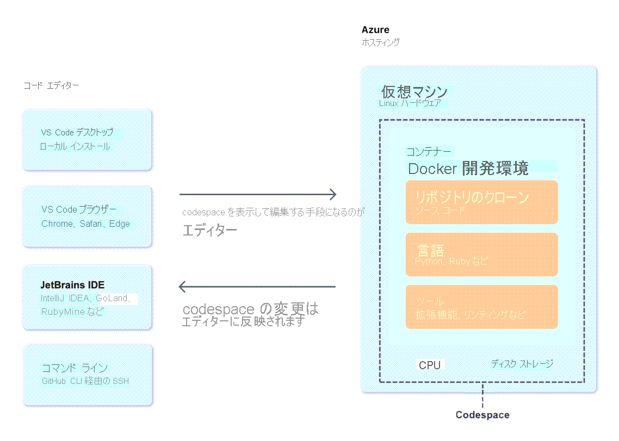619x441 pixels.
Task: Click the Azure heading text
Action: [375, 30]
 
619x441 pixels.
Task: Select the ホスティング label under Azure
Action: [381, 42]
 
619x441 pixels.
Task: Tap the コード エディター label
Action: [51, 85]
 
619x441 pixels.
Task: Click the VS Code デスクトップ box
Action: [87, 140]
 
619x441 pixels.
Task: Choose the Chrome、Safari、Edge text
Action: [85, 223]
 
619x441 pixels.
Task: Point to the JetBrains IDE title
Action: [72, 285]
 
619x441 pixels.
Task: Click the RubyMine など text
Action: [72, 312]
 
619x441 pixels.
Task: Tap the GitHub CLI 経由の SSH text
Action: [85, 381]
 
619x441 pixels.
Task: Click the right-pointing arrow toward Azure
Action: [258, 194]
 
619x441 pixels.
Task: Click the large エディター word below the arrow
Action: [209, 230]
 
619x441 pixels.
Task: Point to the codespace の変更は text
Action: [250, 309]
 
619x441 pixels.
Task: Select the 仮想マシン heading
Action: [414, 91]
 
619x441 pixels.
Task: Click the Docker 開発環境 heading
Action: [468, 169]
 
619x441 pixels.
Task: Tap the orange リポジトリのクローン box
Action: [481, 202]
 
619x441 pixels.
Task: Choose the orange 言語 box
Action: [481, 254]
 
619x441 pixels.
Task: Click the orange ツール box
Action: [481, 307]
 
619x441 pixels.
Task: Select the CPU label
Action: [430, 365]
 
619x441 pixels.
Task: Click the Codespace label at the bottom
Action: [482, 415]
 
